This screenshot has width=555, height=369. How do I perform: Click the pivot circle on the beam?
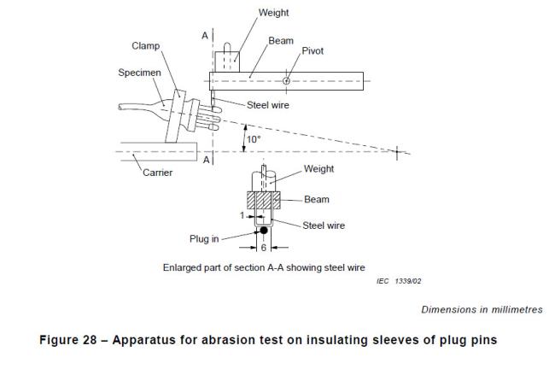point(286,81)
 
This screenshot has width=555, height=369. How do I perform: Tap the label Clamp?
point(145,45)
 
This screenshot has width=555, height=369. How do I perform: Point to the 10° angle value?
point(254,139)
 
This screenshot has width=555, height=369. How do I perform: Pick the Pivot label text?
point(313,51)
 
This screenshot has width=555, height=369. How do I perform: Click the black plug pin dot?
point(264,231)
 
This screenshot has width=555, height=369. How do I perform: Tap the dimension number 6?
point(264,248)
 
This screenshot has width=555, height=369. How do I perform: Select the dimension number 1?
point(243,216)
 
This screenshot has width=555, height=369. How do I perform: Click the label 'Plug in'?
point(206,238)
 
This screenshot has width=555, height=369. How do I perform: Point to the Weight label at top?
point(274,12)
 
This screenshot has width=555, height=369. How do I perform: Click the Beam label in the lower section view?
point(316,200)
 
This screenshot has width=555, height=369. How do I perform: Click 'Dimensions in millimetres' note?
point(483,309)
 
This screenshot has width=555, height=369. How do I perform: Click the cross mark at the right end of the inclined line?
point(397,153)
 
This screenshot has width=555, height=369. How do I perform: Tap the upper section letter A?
point(203,35)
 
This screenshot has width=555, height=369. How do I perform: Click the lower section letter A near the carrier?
point(203,160)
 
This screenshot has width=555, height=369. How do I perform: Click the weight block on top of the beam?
point(227,61)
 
